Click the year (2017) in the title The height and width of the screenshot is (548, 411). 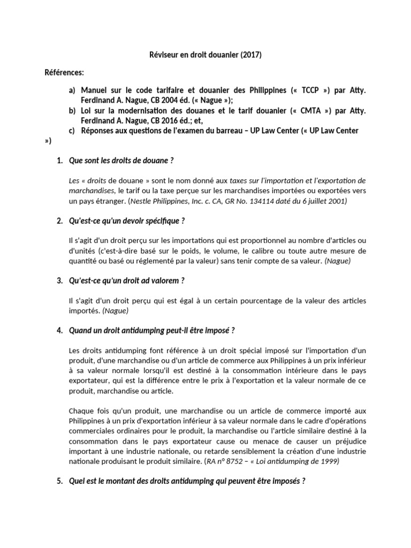click(x=252, y=55)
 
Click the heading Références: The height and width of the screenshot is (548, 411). click(x=64, y=72)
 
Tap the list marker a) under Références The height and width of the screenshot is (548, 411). click(x=72, y=90)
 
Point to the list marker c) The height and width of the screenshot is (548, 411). click(x=72, y=131)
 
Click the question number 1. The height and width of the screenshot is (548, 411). click(x=59, y=161)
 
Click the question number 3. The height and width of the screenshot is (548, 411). click(x=59, y=281)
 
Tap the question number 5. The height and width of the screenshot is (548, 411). click(x=59, y=481)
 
